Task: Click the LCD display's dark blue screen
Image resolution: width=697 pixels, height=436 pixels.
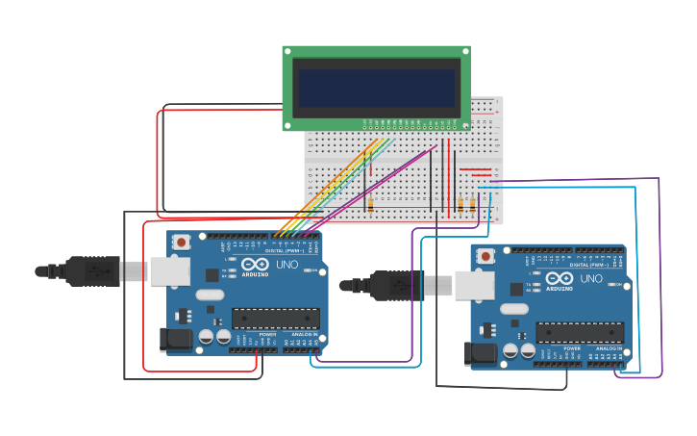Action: click(x=376, y=88)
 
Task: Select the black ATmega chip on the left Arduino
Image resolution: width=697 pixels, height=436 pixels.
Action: click(x=276, y=319)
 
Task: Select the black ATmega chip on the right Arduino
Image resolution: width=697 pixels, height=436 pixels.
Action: click(x=580, y=333)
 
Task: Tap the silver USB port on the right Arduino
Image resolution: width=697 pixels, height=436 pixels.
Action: click(x=475, y=285)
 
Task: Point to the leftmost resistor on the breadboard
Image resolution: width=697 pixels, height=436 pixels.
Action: click(x=370, y=204)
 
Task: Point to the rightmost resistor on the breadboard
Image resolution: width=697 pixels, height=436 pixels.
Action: click(x=473, y=204)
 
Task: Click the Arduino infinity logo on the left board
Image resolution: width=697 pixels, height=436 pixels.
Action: click(x=255, y=265)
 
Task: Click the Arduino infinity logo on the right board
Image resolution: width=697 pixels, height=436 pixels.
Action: click(x=559, y=279)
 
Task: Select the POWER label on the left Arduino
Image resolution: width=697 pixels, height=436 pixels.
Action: click(x=266, y=334)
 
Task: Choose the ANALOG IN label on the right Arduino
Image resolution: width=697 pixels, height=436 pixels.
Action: click(x=608, y=348)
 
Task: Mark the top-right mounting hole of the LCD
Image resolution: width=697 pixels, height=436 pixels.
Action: click(x=464, y=52)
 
